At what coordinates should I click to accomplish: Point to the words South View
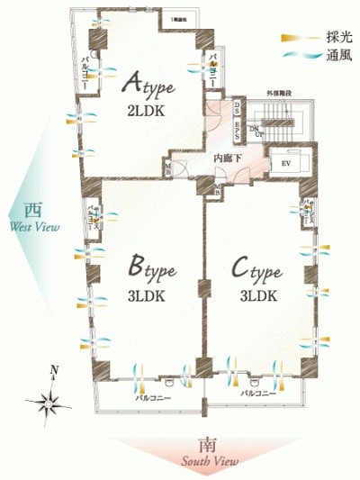coord(209,462)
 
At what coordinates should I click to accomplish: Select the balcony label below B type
coord(148,395)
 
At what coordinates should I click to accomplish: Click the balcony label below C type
coord(257,394)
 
